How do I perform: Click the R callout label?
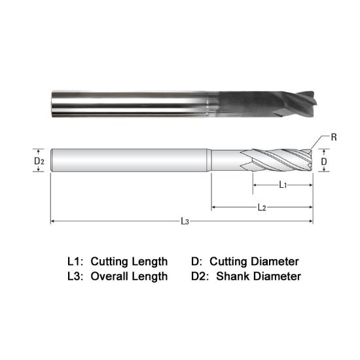pyautogui.click(x=334, y=137)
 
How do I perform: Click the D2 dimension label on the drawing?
pyautogui.click(x=39, y=160)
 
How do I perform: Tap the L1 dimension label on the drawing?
pyautogui.click(x=282, y=185)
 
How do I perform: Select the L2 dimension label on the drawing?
pyautogui.click(x=261, y=208)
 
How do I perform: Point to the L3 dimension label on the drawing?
pyautogui.click(x=185, y=222)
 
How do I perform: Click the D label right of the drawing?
pyautogui.click(x=323, y=160)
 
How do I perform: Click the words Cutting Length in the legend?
pyautogui.click(x=129, y=261)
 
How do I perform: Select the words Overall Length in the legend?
pyautogui.click(x=129, y=276)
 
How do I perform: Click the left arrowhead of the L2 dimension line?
pyautogui.click(x=213, y=208)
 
